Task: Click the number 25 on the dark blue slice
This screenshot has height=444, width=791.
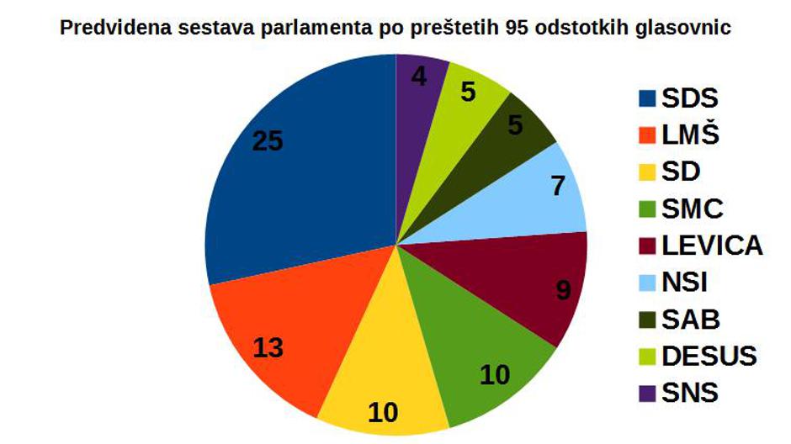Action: [268, 141]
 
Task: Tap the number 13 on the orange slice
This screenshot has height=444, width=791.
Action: [268, 346]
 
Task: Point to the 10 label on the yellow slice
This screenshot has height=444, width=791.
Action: [383, 411]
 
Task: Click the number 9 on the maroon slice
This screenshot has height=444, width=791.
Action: [564, 290]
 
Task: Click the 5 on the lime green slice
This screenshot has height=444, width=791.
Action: [469, 92]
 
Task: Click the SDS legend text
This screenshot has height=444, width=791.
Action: [690, 98]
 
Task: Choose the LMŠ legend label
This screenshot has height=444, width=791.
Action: [691, 135]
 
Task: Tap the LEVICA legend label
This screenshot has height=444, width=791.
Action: [712, 246]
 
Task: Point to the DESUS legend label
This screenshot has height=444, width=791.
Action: [709, 356]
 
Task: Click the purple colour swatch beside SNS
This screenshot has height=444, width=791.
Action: [646, 393]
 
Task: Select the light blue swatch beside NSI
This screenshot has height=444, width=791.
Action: [646, 283]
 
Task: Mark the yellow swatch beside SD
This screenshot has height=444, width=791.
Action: [646, 172]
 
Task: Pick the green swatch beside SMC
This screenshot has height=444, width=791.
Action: [646, 209]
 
